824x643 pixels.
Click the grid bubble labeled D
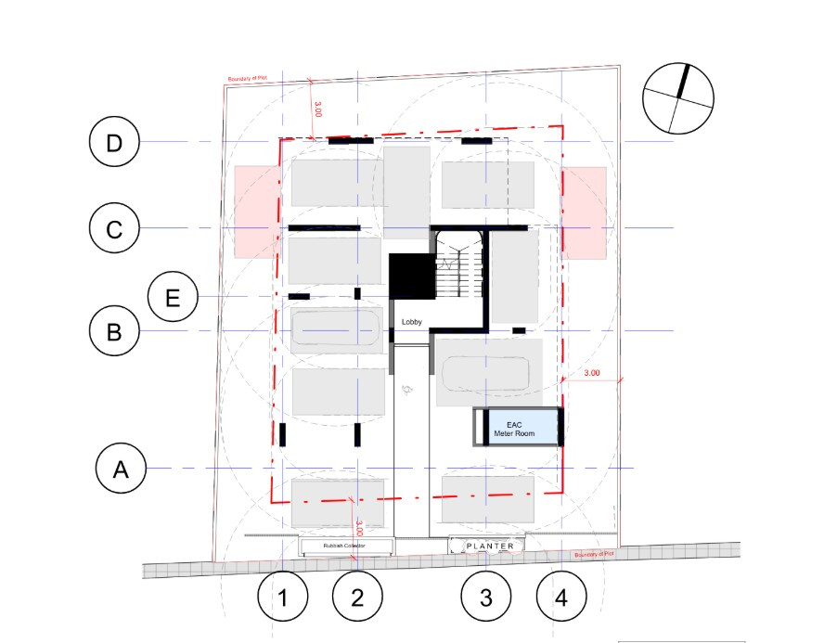(x=114, y=143)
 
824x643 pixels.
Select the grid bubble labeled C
(x=114, y=229)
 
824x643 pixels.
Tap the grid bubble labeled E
(x=173, y=297)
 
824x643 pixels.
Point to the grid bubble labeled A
(x=121, y=469)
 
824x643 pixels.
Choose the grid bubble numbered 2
(x=356, y=597)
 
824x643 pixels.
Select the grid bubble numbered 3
(x=486, y=597)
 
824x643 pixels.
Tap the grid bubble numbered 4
(x=560, y=597)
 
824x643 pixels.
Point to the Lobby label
(x=412, y=322)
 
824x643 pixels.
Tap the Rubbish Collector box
(x=344, y=547)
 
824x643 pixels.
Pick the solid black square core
(x=411, y=276)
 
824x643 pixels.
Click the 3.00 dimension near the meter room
(x=592, y=374)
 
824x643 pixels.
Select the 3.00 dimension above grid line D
(x=318, y=109)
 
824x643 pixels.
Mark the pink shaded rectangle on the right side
(x=585, y=212)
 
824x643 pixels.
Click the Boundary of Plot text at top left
(x=248, y=80)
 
